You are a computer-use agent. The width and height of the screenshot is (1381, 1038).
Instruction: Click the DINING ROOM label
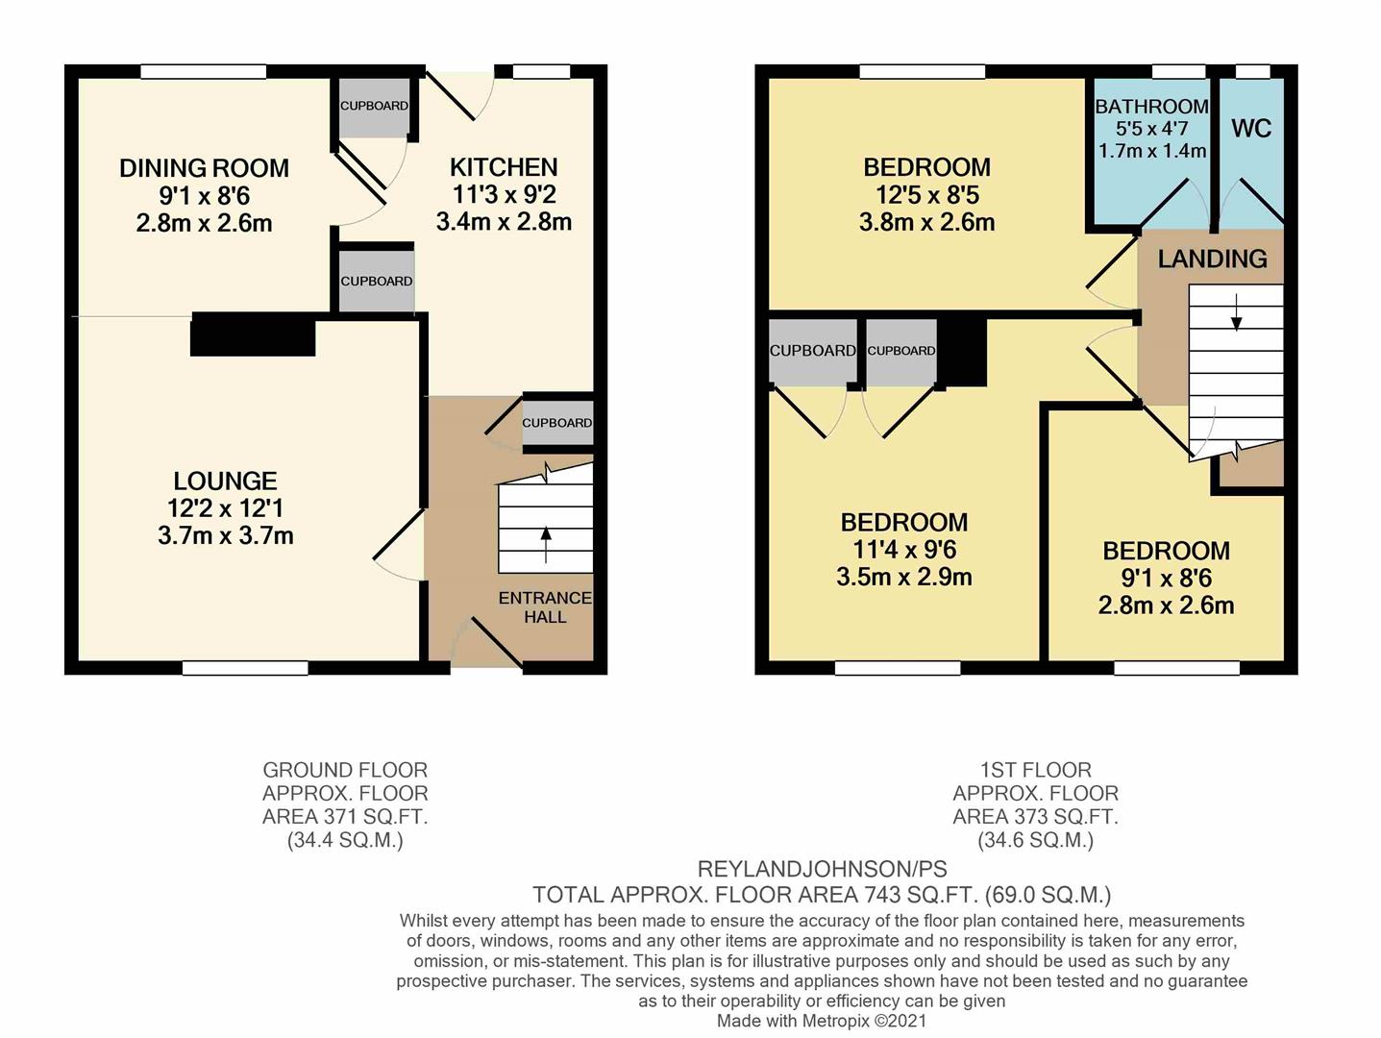pos(204,168)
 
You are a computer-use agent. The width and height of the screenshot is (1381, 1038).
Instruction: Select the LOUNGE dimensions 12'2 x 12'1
pos(226,508)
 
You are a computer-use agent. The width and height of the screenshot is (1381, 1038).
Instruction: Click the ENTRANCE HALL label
pos(545,607)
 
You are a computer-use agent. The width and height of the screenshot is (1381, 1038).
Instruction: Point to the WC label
pos(1250,129)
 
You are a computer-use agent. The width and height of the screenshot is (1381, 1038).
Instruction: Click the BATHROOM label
pos(1151,107)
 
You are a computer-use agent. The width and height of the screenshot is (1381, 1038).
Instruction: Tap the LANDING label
pos(1212,259)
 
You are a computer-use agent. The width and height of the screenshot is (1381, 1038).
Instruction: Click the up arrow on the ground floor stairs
pos(547,544)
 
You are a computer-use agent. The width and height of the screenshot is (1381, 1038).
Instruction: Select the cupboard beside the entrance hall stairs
pos(557,423)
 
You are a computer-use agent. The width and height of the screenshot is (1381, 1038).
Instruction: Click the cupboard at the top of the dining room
pos(374,106)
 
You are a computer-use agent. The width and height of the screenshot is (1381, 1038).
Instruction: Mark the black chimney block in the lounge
pos(253,335)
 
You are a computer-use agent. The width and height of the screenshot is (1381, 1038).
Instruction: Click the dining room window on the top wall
pos(203,71)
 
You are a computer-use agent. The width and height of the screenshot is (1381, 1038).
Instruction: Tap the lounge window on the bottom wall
pos(245,667)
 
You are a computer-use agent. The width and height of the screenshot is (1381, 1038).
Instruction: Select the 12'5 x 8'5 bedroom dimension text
pos(926,195)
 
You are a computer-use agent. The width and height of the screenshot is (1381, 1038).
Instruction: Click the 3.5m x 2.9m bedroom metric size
pos(903,578)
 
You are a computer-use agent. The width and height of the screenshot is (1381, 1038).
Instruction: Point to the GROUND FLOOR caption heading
pos(345,770)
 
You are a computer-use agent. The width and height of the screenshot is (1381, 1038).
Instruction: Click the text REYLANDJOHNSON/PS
pos(822,870)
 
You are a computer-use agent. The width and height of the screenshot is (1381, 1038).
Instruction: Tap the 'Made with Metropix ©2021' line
pos(822,1021)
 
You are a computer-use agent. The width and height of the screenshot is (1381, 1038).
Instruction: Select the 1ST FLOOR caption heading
pos(1035,770)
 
